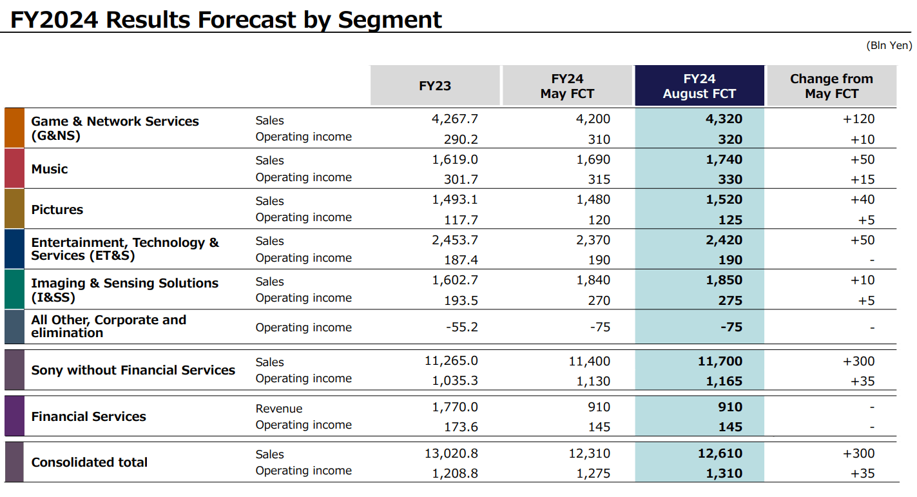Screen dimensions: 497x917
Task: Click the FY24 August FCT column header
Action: click(x=699, y=86)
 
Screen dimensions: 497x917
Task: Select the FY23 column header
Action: click(x=435, y=86)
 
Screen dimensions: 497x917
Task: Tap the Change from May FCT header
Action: click(x=831, y=86)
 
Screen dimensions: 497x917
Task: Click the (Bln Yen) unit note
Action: click(x=889, y=45)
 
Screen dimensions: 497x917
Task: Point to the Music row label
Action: click(x=50, y=169)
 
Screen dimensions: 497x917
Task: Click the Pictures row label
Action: click(x=57, y=210)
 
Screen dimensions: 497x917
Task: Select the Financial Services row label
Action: click(x=89, y=416)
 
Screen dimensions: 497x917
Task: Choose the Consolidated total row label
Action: click(x=90, y=462)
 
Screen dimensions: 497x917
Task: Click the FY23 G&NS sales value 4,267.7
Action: click(x=455, y=119)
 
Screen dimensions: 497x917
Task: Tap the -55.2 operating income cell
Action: click(x=462, y=327)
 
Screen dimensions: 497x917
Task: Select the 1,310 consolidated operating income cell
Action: click(x=724, y=473)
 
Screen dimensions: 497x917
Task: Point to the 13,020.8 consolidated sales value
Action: click(x=451, y=453)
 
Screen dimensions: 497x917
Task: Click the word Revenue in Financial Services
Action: click(x=279, y=408)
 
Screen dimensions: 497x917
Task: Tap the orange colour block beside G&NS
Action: click(x=14, y=128)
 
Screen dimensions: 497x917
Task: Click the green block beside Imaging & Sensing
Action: click(x=14, y=289)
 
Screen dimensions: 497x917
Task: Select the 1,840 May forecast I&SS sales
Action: click(x=593, y=280)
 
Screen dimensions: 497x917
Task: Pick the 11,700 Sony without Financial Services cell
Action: click(x=720, y=362)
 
